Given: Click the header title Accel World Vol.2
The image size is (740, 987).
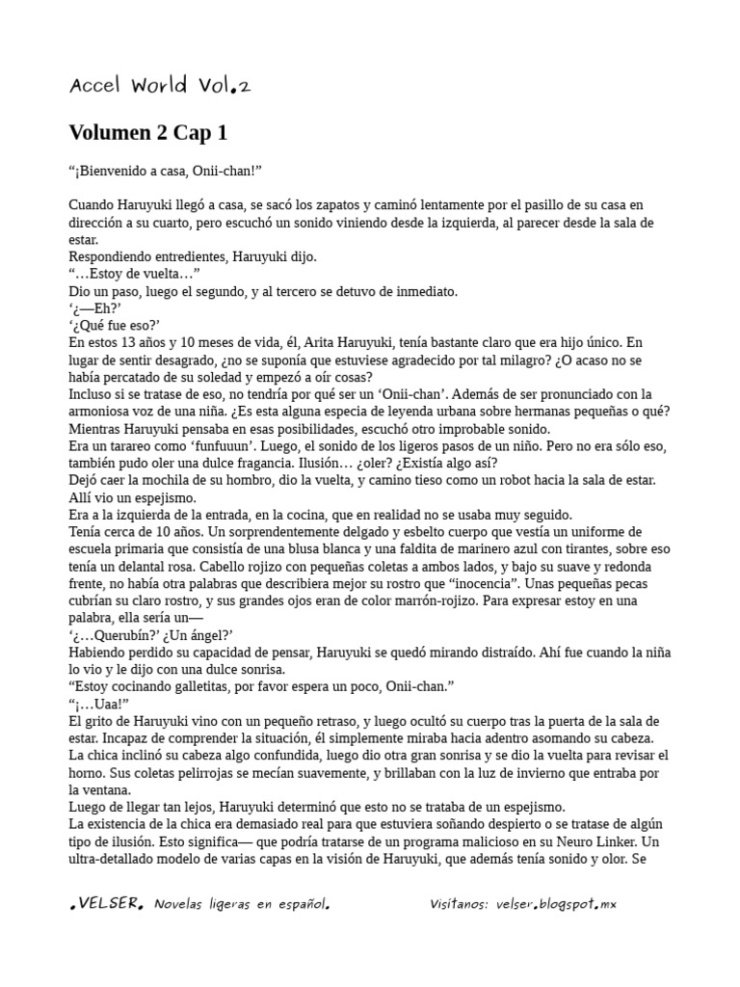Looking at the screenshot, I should tap(160, 86).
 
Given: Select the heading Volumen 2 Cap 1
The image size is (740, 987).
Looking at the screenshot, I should tap(148, 132).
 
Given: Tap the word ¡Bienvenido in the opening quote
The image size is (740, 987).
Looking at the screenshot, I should tap(114, 171).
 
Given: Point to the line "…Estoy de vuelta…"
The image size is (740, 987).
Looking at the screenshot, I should tap(134, 274).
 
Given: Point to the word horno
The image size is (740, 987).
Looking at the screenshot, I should tap(88, 772).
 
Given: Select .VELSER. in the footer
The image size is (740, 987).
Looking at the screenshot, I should tap(107, 904).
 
